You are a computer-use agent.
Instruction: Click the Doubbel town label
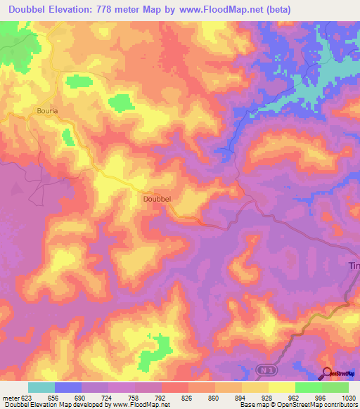pyautogui.click(x=157, y=199)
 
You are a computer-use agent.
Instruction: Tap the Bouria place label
pyautogui.click(x=47, y=110)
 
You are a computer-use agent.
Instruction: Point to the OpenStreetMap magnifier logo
pyautogui.click(x=328, y=372)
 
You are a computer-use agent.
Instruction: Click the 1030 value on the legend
pyautogui.click(x=349, y=398)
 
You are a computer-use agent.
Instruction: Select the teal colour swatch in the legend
pyautogui.click(x=41, y=387)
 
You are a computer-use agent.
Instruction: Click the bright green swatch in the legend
pyautogui.click(x=309, y=387)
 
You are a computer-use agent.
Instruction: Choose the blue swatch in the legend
pyautogui.click(x=68, y=387)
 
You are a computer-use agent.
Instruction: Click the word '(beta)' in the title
pyautogui.click(x=273, y=10)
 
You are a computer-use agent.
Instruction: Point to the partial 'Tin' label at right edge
pyautogui.click(x=354, y=265)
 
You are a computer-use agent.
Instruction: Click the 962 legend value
pyautogui.click(x=295, y=398)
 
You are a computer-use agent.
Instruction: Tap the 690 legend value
pyautogui.click(x=81, y=398)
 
